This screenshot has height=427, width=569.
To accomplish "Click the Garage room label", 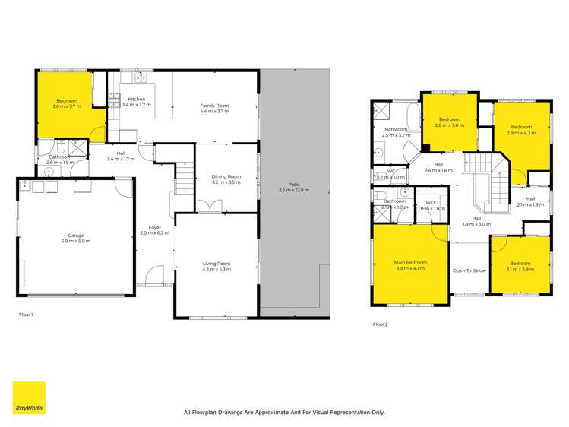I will coord(76,236).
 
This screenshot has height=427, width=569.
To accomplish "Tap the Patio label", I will coord(294,184).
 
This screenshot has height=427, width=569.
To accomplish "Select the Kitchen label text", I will coord(137,100).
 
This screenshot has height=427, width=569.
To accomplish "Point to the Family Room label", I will coord(214,106).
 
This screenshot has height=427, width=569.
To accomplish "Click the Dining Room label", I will coord(226,177).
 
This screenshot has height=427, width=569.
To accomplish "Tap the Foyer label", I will coord(155,227).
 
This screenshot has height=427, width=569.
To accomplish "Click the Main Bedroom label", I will coord(410,263).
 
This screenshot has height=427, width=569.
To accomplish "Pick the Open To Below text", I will coord(469,270).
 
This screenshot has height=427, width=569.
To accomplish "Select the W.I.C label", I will coord(431,202).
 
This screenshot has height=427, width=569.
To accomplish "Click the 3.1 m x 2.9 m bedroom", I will coord(520,267).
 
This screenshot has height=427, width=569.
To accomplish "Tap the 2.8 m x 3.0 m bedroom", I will coord(449,122).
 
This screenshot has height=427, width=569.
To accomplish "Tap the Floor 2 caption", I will coord(380,324).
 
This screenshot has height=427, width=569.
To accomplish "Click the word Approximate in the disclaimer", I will coord(272,413).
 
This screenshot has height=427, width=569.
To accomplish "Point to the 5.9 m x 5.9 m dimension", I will coord(76,241).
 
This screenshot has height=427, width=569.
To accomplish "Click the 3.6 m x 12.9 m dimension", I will coord(294,189).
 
